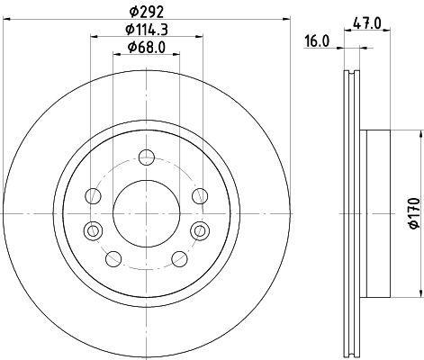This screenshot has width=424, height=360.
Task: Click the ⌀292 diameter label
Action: pyautogui.click(x=147, y=13)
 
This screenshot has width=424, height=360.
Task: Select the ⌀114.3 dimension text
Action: pyautogui.click(x=147, y=30)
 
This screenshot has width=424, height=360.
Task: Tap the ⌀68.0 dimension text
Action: pyautogui.click(x=147, y=48)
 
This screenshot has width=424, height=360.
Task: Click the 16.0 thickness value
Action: pyautogui.click(x=317, y=41)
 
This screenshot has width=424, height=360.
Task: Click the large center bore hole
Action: pyautogui.click(x=147, y=213)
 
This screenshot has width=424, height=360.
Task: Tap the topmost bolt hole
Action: pyautogui.click(x=147, y=157)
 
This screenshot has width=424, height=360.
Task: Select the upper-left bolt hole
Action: pyautogui.click(x=93, y=196)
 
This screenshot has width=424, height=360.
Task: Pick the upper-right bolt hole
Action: pyautogui.click(x=200, y=196)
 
